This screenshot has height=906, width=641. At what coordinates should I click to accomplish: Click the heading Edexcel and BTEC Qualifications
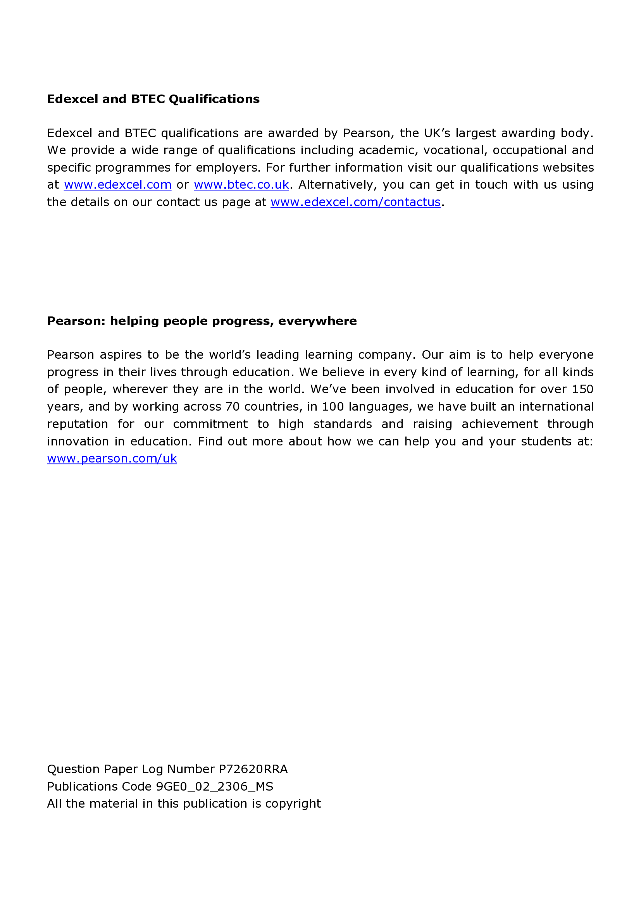tap(153, 99)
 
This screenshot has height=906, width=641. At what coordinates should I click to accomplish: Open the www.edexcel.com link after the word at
tap(118, 185)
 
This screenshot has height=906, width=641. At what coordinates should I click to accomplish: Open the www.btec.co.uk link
tap(241, 185)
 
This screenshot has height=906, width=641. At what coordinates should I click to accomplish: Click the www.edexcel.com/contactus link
tap(355, 202)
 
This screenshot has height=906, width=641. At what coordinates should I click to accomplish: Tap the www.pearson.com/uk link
tap(112, 459)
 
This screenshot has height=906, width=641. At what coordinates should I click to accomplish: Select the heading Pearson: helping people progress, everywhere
tap(202, 321)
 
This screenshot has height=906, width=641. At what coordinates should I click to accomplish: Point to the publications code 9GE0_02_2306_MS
tap(214, 786)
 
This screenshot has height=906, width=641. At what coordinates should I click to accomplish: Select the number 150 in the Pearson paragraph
tap(582, 389)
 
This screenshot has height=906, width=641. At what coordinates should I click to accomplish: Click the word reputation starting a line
tap(78, 424)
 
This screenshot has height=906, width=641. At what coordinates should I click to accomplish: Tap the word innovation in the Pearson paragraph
tap(78, 441)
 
